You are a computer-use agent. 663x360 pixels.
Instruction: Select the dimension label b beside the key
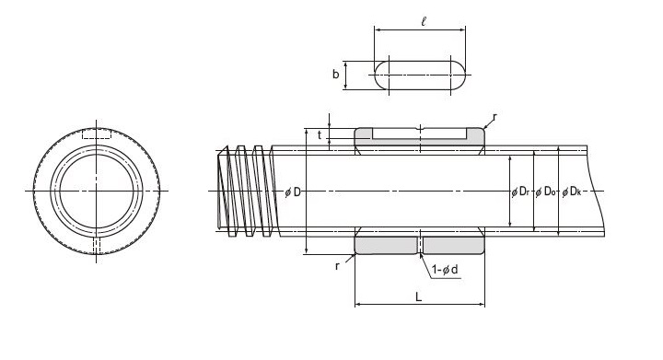tap(336, 75)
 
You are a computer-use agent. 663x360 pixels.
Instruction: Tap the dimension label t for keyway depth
tap(320, 134)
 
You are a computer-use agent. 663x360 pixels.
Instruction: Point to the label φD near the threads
tap(293, 192)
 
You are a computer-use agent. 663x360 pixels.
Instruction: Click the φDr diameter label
tap(520, 192)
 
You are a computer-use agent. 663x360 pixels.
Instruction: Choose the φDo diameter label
tap(545, 192)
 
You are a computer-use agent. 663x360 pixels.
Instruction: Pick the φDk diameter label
tap(572, 192)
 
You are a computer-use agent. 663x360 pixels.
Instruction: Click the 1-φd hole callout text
tap(445, 270)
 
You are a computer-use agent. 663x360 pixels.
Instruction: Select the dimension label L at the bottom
tap(419, 296)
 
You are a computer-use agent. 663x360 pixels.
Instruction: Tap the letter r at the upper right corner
tap(494, 116)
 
